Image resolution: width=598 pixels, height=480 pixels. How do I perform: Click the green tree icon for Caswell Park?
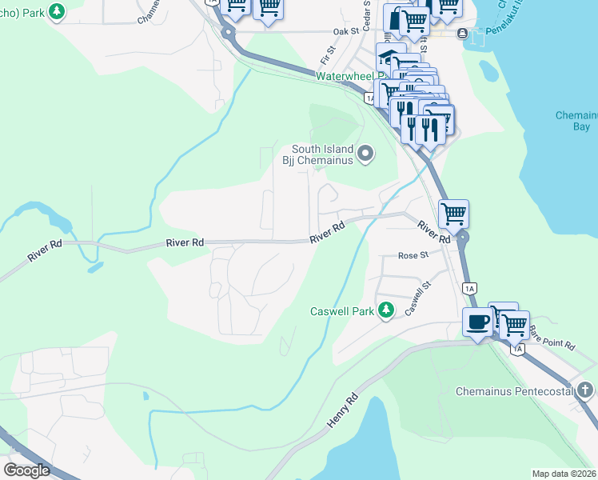coord(386,310)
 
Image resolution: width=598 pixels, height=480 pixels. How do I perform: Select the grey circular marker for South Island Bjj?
coord(366,153)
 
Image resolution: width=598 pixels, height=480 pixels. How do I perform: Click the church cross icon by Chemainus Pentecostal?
coord(585,390)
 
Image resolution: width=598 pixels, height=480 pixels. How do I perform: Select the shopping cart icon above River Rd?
coord(453,214)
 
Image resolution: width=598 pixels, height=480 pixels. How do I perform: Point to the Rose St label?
coord(414,256)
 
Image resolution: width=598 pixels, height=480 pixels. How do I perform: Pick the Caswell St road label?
coord(418,297)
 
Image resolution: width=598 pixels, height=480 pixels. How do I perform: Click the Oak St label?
coord(345,32)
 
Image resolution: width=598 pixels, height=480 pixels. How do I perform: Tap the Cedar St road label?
coord(367,13)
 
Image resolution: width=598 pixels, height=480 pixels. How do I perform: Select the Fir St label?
coord(327,55)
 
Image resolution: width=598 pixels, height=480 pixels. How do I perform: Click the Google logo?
coord(26,470)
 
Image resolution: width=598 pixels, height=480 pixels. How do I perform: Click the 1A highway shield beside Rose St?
coord(469,287)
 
